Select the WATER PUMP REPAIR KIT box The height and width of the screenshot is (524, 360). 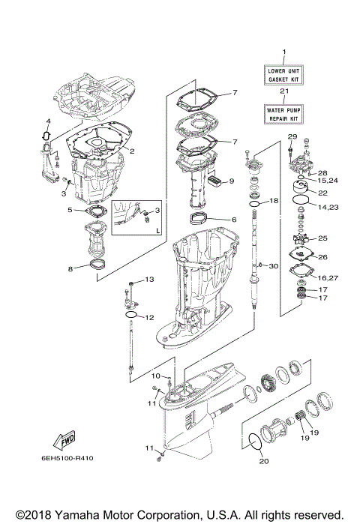click(284, 113)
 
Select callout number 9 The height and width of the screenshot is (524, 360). click(232, 181)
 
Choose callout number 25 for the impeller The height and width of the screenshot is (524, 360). click(323, 238)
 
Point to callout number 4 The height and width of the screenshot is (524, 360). click(47, 121)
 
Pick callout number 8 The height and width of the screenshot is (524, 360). click(70, 268)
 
